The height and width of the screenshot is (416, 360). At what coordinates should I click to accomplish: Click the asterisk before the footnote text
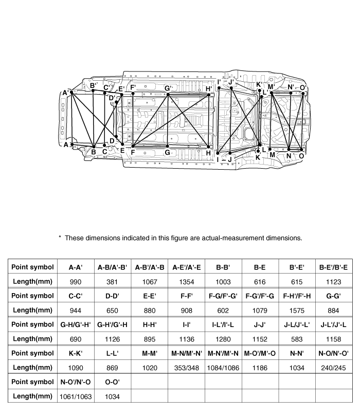[x=60, y=238]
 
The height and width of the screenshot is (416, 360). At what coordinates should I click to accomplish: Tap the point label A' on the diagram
[x=65, y=93]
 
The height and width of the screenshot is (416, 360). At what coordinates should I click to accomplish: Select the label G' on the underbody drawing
[x=168, y=88]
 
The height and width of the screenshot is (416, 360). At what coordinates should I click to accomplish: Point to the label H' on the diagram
[x=209, y=89]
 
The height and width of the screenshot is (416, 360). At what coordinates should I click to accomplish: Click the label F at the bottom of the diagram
[x=133, y=153]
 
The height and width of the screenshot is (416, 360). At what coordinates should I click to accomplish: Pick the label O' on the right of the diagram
[x=303, y=88]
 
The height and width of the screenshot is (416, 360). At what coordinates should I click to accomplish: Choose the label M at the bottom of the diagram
[x=272, y=155]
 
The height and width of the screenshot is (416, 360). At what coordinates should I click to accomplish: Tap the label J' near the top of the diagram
[x=231, y=82]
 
